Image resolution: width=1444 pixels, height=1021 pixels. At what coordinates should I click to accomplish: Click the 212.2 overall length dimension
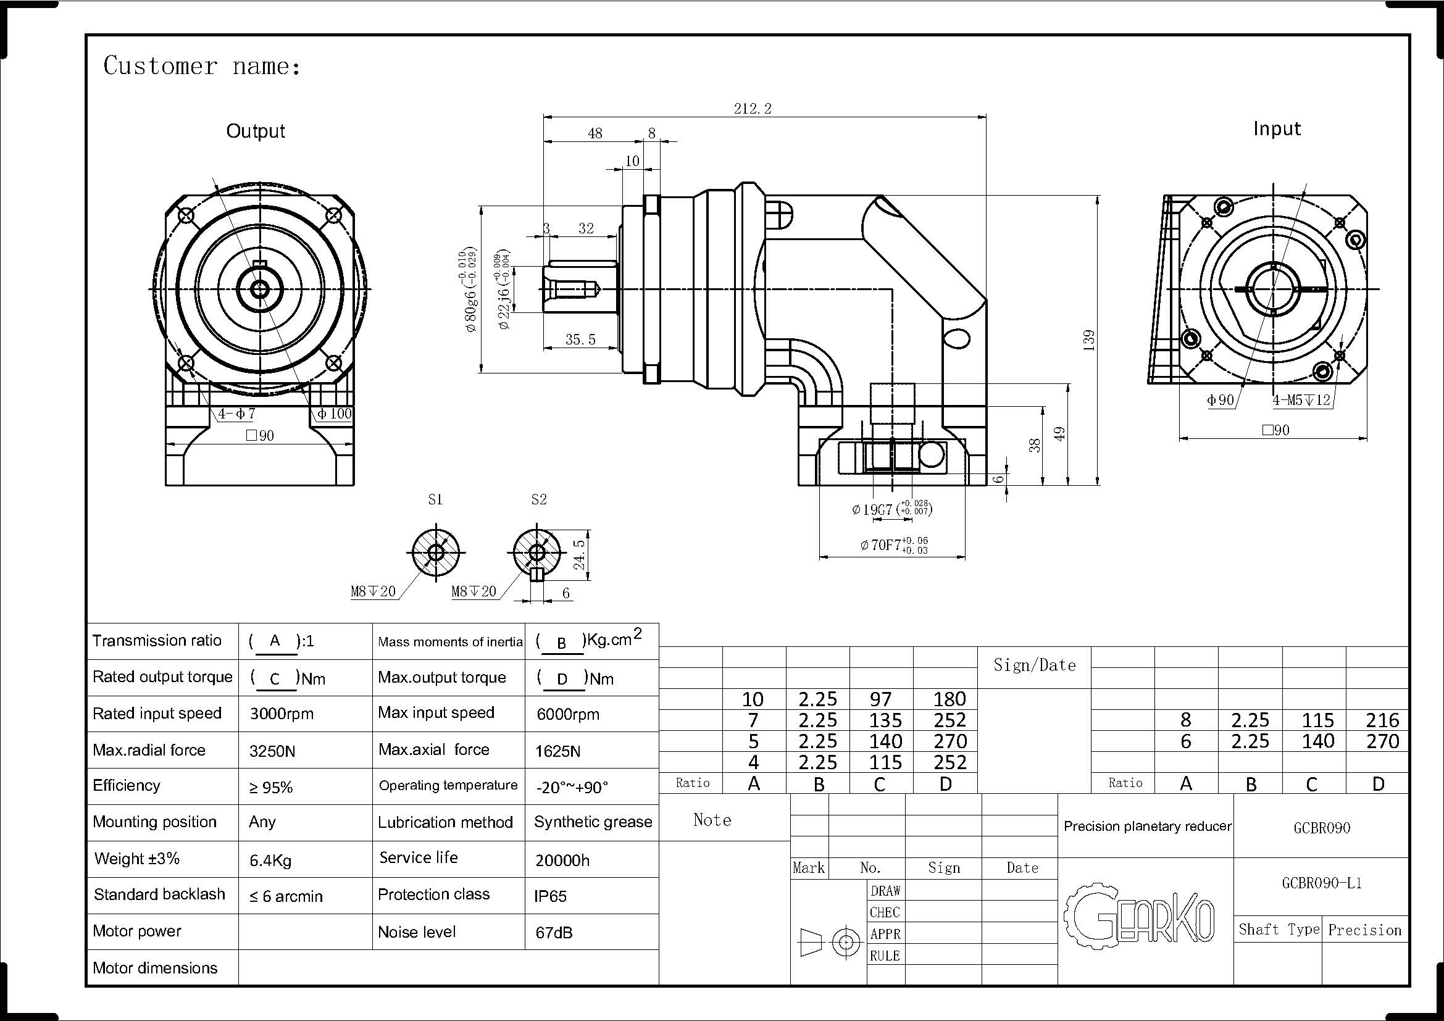[752, 109]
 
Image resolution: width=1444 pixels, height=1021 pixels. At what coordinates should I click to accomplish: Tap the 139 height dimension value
[1089, 340]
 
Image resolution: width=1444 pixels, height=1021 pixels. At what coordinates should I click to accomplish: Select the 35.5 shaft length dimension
[580, 340]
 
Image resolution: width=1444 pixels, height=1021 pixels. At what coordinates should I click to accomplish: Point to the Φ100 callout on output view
[334, 414]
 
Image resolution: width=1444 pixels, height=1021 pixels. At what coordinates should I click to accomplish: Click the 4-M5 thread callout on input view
[1301, 400]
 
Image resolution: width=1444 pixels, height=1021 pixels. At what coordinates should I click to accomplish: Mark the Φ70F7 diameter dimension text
[894, 544]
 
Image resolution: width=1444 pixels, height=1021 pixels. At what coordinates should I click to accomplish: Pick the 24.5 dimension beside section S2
[579, 554]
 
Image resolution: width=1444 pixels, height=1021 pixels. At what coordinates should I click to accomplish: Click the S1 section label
[435, 499]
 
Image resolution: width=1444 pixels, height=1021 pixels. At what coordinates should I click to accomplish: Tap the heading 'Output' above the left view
[256, 131]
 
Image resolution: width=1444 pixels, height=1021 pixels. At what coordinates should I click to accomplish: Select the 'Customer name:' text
[202, 66]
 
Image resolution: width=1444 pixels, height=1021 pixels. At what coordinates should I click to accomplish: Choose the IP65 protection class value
[550, 896]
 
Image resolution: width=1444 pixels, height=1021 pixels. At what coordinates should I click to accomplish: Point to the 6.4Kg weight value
[270, 860]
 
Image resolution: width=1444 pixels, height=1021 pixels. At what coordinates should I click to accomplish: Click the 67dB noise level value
[553, 932]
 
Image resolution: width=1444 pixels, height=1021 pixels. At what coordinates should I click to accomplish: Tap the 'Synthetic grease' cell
[593, 822]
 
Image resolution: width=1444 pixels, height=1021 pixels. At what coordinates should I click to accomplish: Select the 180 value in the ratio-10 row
[949, 699]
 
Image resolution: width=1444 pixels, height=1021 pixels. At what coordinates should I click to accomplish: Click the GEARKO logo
[1139, 913]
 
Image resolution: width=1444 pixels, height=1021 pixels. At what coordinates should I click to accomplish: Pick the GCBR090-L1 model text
[1321, 883]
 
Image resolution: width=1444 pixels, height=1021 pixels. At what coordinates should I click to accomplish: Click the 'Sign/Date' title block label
[1035, 665]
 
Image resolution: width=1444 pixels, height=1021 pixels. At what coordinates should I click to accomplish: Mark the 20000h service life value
[562, 860]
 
